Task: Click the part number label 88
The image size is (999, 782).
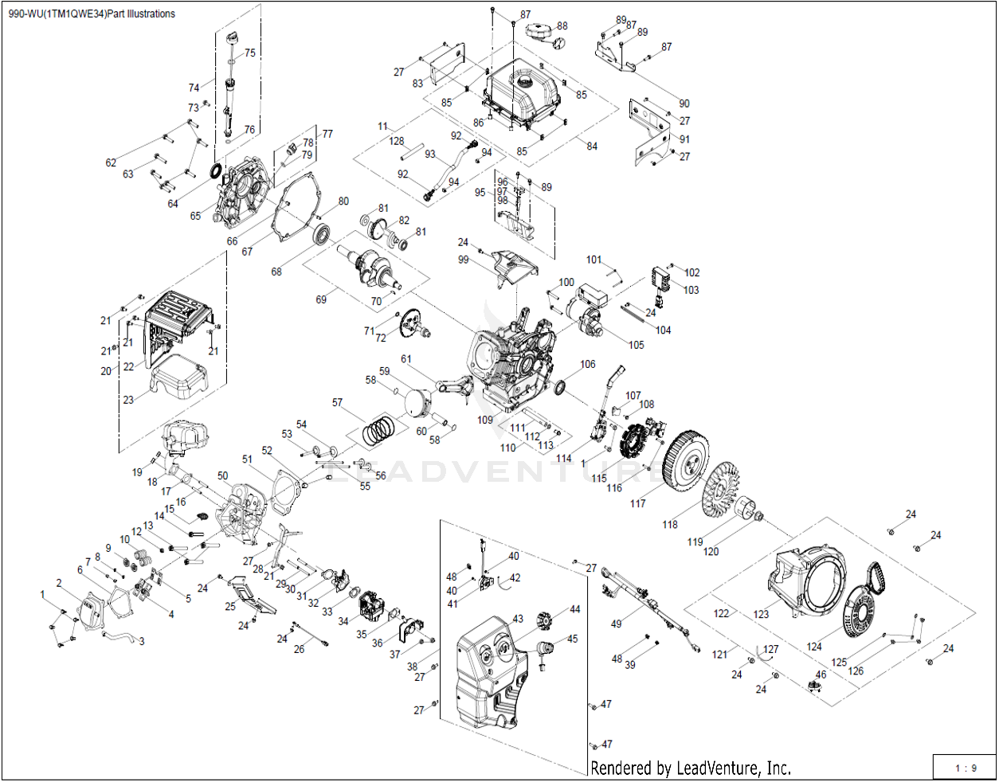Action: pos(562,26)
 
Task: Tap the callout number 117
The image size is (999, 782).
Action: pos(638,503)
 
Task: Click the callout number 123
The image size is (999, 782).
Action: pos(762,614)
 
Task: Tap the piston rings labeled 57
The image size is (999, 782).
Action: pos(378,431)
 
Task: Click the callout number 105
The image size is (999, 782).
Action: pos(636,345)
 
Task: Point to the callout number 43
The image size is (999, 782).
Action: pos(518,619)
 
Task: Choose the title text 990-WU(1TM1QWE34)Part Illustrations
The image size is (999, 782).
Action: pos(92,14)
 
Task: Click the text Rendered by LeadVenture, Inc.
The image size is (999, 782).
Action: pos(690,768)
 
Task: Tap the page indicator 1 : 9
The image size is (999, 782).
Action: pos(966,768)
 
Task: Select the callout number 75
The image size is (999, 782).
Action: pos(250,53)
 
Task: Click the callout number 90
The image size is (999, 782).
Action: pos(684,104)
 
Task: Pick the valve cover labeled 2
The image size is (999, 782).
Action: pos(87,612)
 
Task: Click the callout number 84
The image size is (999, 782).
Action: pos(592,147)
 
